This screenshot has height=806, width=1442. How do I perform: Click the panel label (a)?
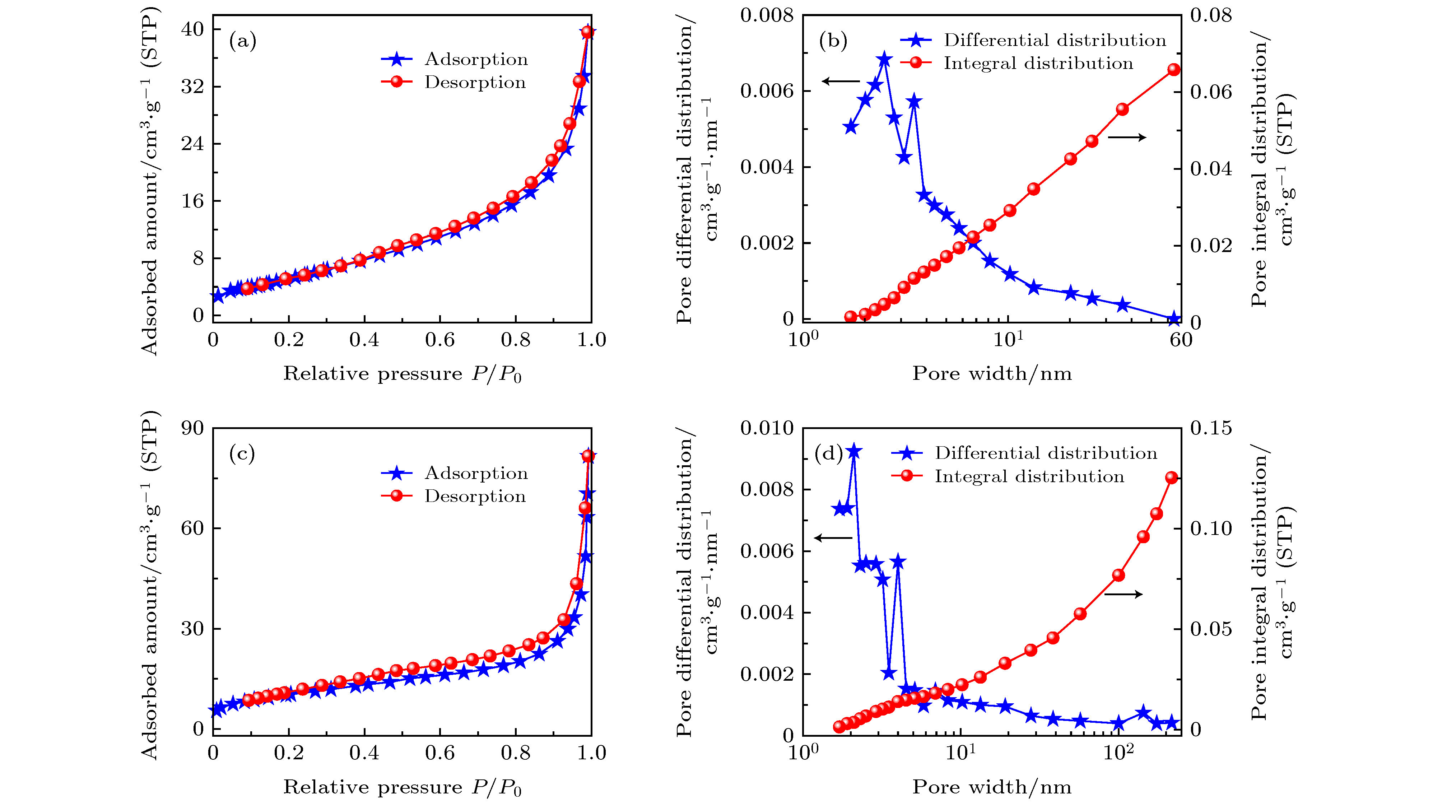pyautogui.click(x=242, y=41)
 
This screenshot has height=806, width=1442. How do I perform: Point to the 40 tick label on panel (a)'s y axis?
pyautogui.click(x=192, y=29)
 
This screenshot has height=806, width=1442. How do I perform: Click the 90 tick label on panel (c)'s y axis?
pyautogui.click(x=192, y=428)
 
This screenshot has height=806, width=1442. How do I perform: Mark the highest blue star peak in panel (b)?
pyautogui.click(x=884, y=59)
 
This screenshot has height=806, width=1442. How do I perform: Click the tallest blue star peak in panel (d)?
pyautogui.click(x=853, y=451)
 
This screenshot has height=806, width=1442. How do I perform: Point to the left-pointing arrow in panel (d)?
pyautogui.click(x=833, y=538)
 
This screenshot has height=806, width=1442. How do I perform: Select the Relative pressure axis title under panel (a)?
pyautogui.click(x=402, y=373)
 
